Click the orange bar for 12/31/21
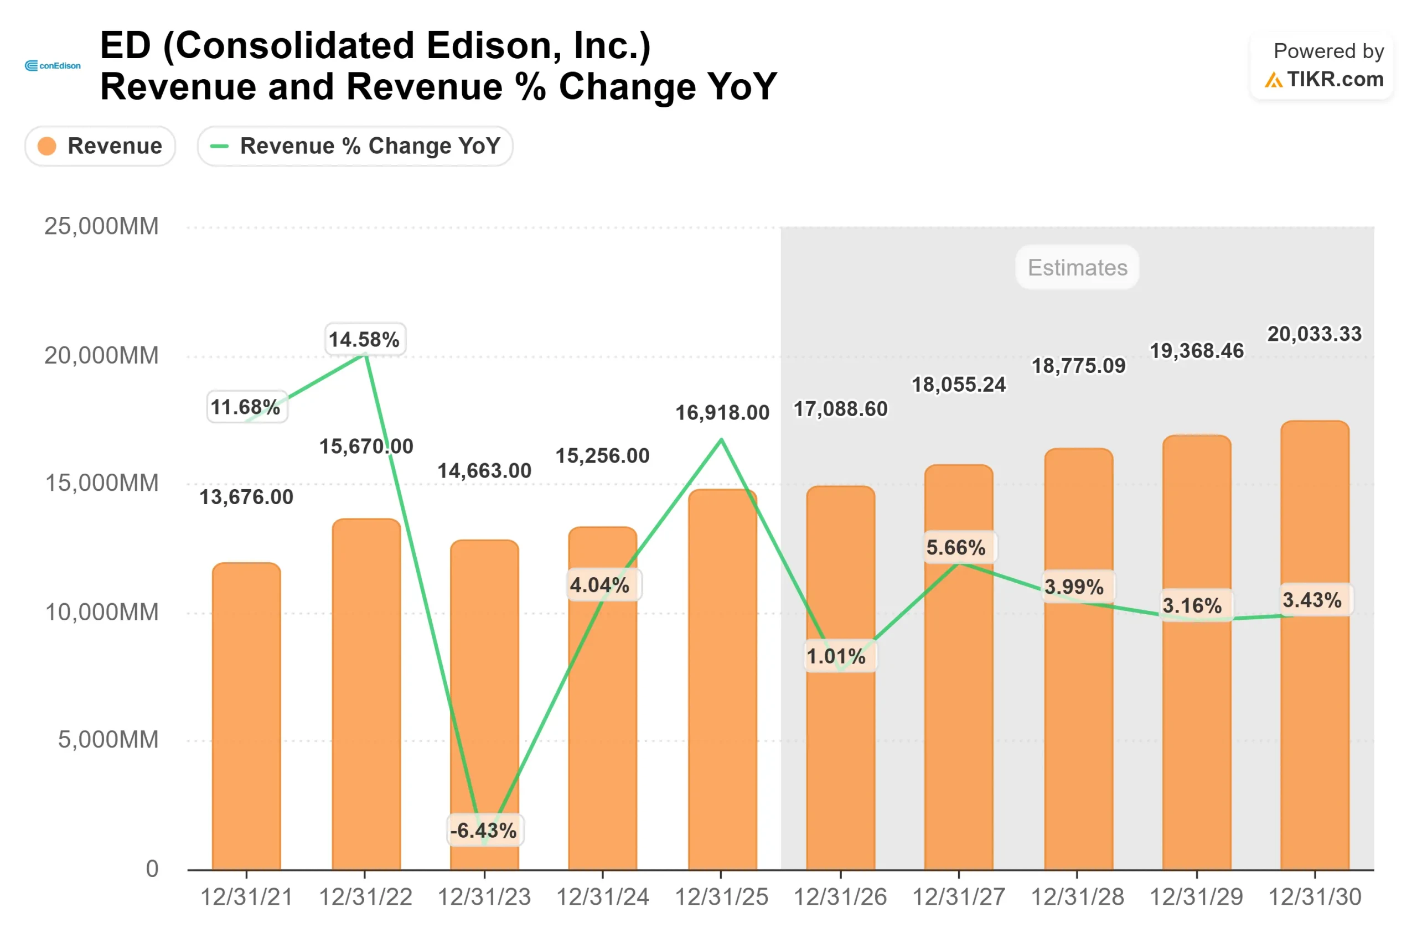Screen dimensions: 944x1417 [246, 717]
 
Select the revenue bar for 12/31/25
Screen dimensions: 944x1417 [722, 680]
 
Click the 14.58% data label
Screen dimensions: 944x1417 [364, 340]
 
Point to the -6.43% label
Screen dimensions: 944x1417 [484, 831]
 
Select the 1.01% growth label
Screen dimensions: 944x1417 [839, 656]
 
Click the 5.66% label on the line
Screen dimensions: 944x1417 [958, 548]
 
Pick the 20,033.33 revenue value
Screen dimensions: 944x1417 [1314, 334]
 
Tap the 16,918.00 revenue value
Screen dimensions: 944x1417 [722, 413]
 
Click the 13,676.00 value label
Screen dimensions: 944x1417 [246, 497]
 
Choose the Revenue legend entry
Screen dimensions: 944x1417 [100, 146]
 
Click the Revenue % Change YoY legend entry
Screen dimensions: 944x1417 [355, 146]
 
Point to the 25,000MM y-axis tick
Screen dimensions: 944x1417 [101, 226]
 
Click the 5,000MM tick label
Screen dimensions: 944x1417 [108, 740]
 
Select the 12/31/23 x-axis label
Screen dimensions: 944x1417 [484, 898]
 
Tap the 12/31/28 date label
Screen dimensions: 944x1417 [1077, 898]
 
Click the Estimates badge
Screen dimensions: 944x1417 [1077, 267]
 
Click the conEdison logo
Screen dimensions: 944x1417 [53, 66]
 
